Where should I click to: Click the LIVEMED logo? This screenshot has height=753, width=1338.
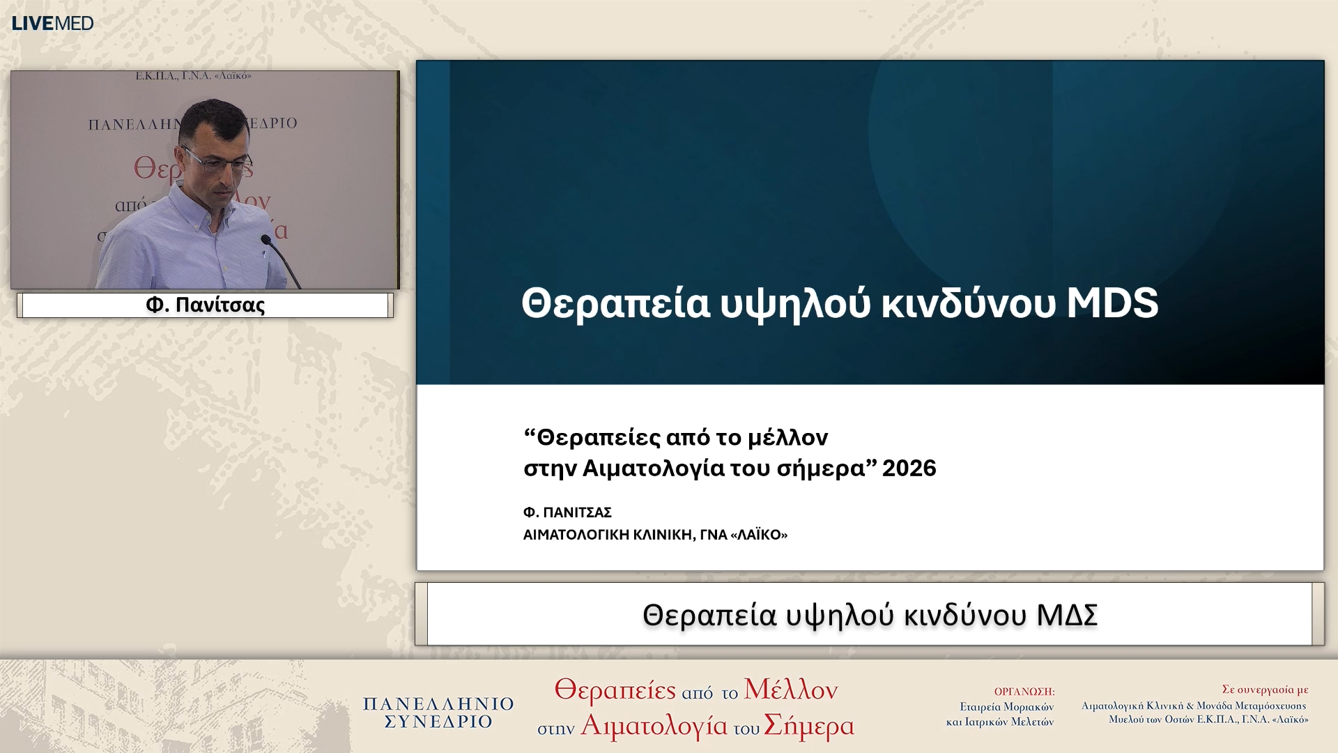click(x=52, y=23)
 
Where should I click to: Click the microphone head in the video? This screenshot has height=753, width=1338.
click(x=266, y=241)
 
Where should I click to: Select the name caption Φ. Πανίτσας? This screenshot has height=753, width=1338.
click(x=205, y=305)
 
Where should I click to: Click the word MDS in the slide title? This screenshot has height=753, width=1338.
click(x=1112, y=303)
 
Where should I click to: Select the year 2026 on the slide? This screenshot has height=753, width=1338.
click(x=909, y=468)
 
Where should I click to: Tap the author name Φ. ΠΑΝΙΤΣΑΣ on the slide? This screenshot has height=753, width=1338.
click(x=567, y=512)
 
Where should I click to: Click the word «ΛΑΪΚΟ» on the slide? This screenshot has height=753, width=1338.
click(x=758, y=535)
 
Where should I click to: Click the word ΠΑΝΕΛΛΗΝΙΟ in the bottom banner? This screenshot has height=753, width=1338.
click(x=438, y=704)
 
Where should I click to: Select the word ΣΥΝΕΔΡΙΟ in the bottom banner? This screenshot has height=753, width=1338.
click(x=438, y=722)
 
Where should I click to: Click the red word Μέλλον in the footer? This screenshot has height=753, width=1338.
click(x=790, y=690)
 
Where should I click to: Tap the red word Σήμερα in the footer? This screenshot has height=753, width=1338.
click(x=808, y=726)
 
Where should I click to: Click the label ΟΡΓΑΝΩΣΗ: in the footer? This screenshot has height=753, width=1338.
click(x=1024, y=692)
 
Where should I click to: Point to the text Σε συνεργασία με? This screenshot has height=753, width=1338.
click(x=1264, y=690)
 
